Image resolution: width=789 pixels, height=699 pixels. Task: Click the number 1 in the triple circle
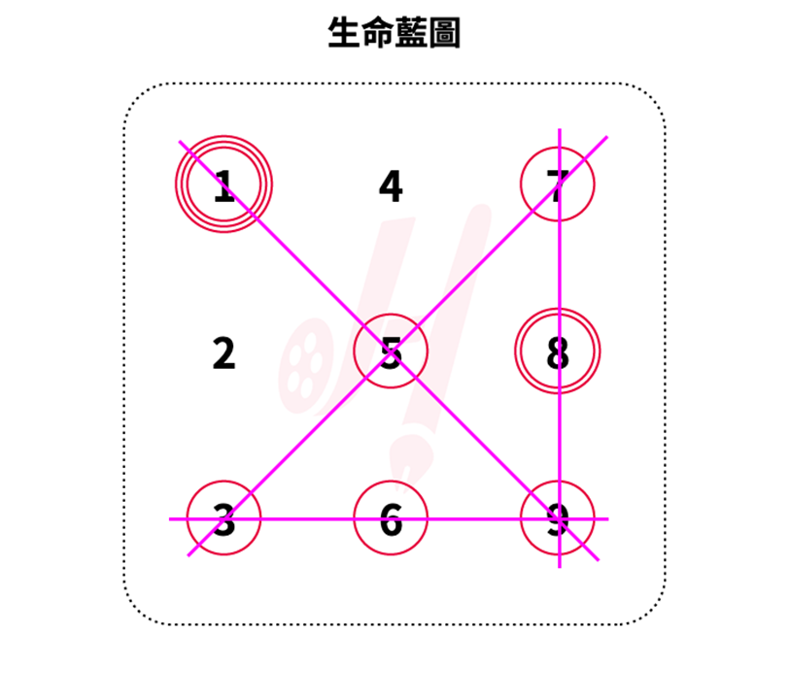[x=223, y=186]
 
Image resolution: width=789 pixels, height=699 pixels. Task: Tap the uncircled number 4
[x=391, y=186]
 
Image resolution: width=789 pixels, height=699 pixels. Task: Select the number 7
[x=558, y=186]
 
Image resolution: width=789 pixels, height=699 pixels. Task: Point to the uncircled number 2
[x=223, y=353]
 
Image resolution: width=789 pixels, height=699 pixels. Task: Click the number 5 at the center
[x=391, y=353]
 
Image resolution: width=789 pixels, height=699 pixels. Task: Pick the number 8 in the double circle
[x=558, y=353]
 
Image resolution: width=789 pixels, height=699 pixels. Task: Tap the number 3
[x=223, y=519]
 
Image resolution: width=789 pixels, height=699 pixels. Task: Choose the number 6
[x=391, y=519]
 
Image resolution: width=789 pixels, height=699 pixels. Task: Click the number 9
[x=558, y=519]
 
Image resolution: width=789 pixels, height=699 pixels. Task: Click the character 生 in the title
[x=344, y=32]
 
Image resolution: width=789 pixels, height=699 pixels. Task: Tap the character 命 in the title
[x=377, y=32]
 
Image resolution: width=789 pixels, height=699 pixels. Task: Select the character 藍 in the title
[x=411, y=32]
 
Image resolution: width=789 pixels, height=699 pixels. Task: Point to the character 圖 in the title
[x=444, y=32]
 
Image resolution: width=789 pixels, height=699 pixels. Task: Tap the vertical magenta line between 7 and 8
[x=560, y=264]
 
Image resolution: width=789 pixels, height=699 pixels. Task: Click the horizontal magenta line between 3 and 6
[x=307, y=518]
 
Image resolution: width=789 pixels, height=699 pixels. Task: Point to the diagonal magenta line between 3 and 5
[x=307, y=434]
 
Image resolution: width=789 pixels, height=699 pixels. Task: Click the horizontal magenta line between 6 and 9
[x=474, y=518]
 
